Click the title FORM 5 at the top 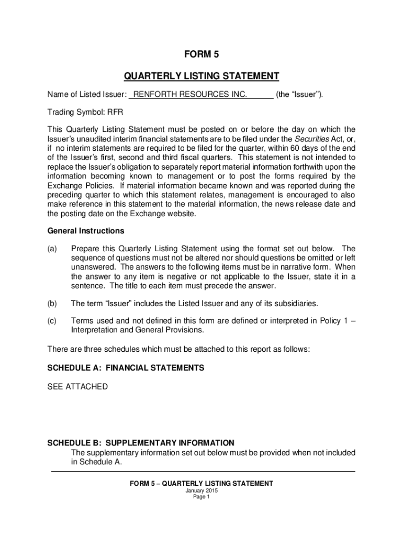[x=201, y=54]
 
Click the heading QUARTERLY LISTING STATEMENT [x=201, y=76]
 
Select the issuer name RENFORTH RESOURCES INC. [x=191, y=94]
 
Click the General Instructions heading [x=86, y=231]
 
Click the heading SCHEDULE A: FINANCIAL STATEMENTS [x=126, y=368]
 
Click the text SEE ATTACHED [x=77, y=386]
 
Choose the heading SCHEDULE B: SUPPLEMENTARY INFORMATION [x=141, y=443]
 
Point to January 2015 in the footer [x=201, y=491]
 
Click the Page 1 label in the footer [x=201, y=497]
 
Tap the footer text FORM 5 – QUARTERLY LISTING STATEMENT [x=201, y=484]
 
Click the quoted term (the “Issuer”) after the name [x=299, y=94]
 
